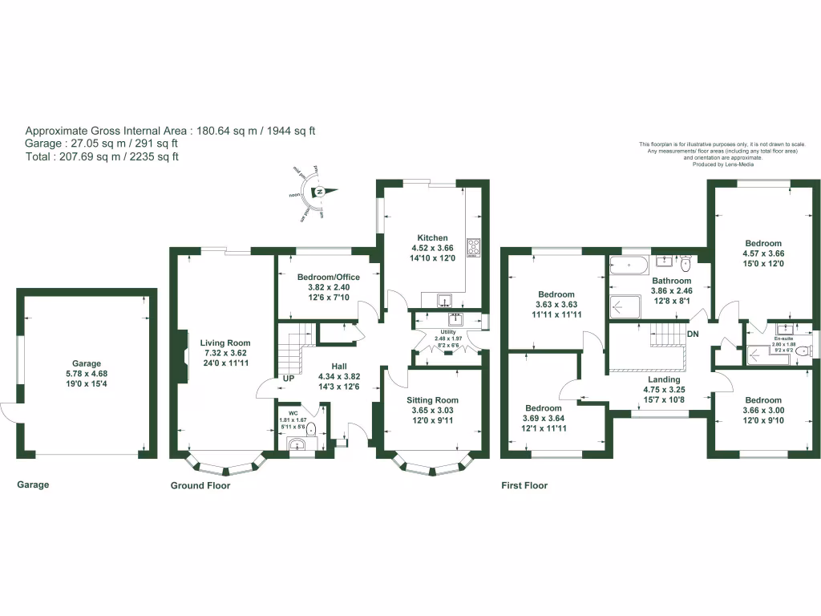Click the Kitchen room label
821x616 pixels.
tap(432, 237)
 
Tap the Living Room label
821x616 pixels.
tap(225, 343)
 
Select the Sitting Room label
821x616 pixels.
tap(432, 400)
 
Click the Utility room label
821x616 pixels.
tap(447, 331)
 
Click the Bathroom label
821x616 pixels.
tap(671, 281)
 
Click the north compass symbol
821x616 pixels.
tap(319, 192)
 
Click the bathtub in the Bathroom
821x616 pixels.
tap(629, 264)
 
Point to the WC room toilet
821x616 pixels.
tap(312, 428)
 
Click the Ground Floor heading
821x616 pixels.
tap(200, 486)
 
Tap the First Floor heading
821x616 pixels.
tap(524, 486)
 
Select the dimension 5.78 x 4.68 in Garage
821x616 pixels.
tap(88, 374)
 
